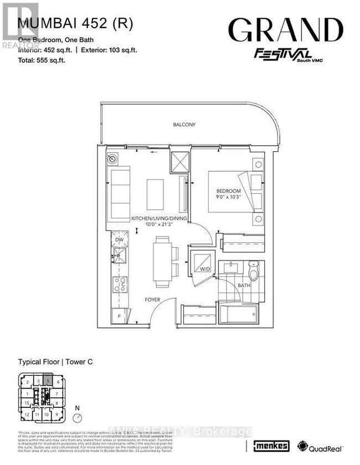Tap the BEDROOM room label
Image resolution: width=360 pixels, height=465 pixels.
[228, 191]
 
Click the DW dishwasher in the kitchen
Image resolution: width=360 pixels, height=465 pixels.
[119, 239]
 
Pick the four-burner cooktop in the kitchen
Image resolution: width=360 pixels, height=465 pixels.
[120, 284]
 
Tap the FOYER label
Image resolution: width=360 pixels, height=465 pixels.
[152, 299]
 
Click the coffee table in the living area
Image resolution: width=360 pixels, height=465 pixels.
[155, 194]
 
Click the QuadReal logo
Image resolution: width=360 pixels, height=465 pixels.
[321, 447]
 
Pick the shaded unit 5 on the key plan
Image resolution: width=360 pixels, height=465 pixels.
[48, 381]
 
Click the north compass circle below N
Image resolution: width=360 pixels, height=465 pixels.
[79, 416]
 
